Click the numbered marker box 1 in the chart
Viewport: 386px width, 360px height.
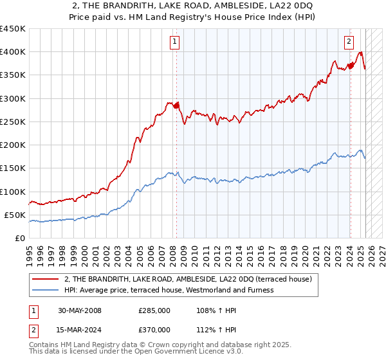click(x=175, y=42)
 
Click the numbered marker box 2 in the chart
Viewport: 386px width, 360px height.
click(x=349, y=42)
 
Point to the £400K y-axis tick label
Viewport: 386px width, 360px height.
click(x=13, y=52)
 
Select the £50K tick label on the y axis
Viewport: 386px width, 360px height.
click(x=15, y=215)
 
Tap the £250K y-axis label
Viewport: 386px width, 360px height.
click(x=13, y=122)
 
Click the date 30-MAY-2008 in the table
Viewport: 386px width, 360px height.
click(x=80, y=310)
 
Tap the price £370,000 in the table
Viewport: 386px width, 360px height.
click(x=154, y=330)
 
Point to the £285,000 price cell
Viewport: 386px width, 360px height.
click(x=154, y=310)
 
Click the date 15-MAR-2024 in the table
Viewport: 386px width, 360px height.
click(x=80, y=330)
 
